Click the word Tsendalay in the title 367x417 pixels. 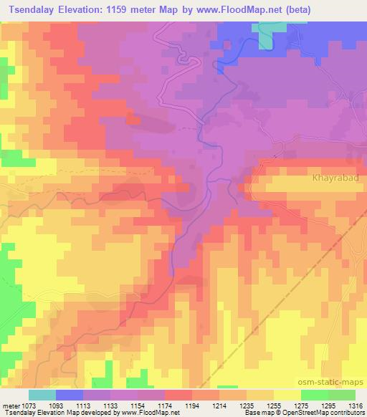[29, 9]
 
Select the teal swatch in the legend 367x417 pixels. [42, 395]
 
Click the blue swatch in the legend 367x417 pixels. [69, 395]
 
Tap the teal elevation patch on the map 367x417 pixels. [267, 37]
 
